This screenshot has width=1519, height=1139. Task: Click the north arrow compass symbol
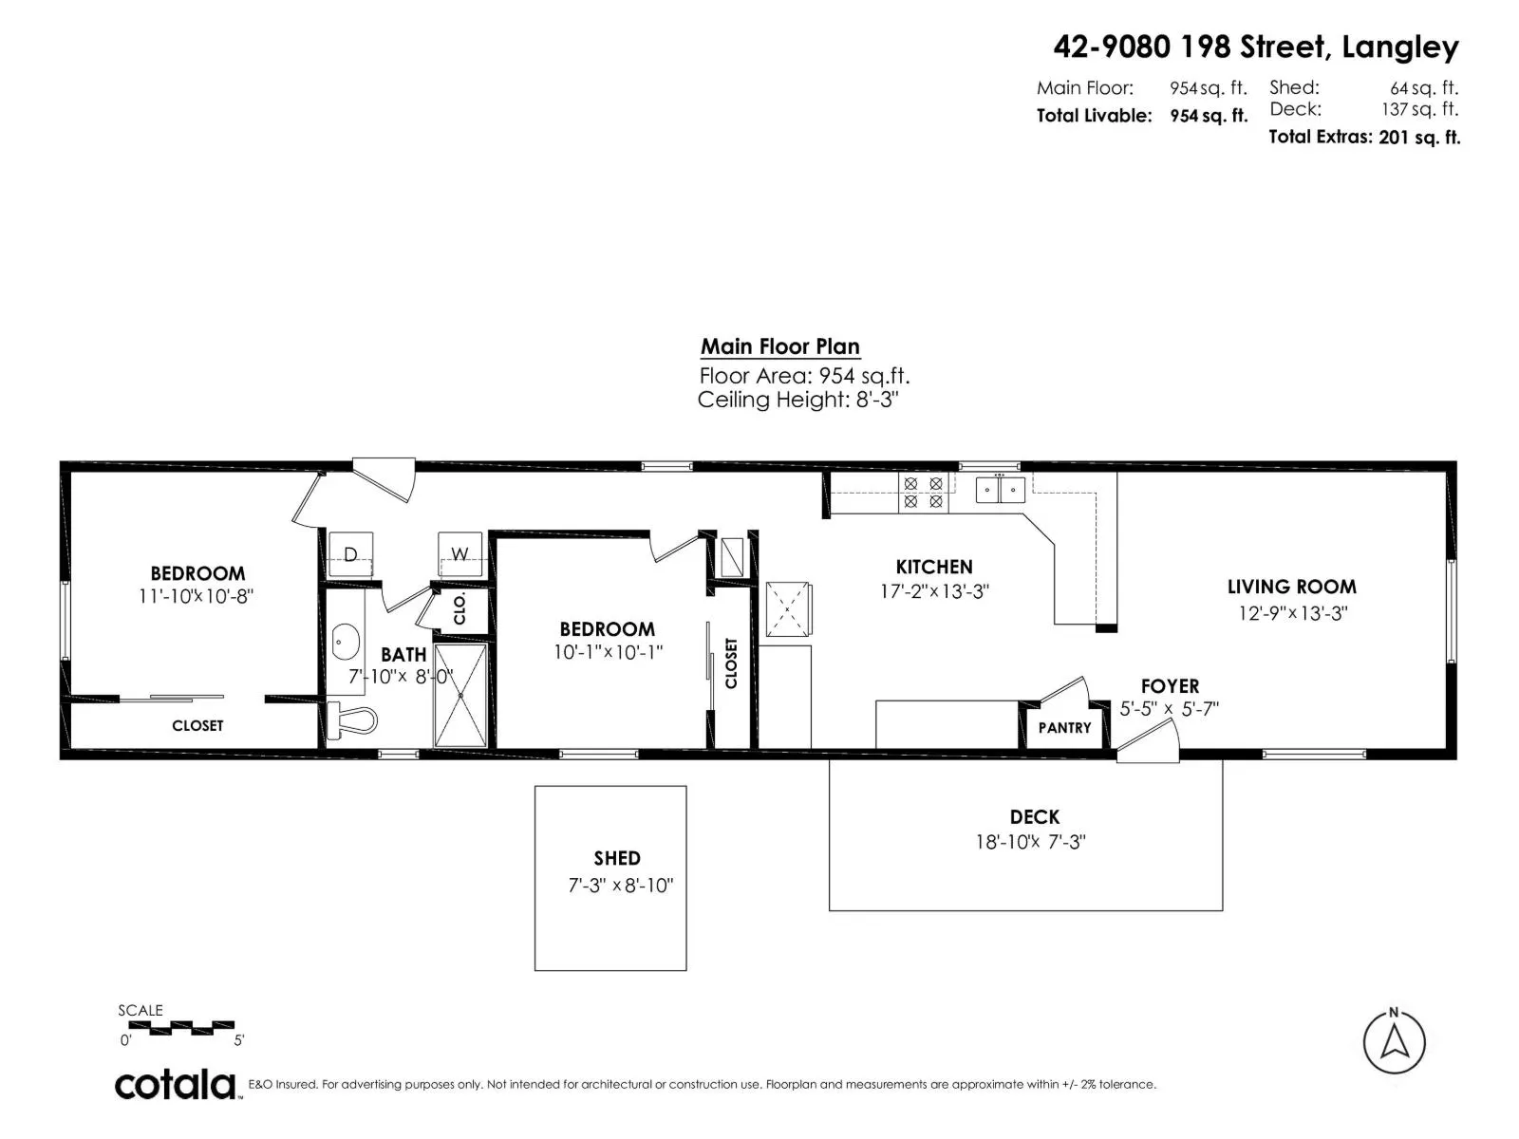1394,1041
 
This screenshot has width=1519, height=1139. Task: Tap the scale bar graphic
192,1028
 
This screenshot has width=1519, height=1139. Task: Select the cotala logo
176,1085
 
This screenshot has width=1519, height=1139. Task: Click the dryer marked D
350,554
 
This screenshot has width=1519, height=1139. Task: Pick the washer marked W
459,554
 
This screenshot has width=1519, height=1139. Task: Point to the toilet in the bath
351,719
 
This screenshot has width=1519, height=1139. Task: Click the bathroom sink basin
346,643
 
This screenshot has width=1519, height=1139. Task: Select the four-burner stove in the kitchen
923,493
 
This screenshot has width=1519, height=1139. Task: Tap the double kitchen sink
1000,490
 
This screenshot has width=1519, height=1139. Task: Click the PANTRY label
1064,727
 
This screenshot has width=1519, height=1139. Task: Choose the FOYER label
1171,686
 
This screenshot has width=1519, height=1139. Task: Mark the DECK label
1035,816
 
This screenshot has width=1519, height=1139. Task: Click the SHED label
617,858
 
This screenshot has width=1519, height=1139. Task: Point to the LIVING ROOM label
1292,587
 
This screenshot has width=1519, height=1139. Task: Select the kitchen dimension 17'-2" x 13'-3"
934,591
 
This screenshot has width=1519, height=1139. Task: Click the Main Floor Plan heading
780,346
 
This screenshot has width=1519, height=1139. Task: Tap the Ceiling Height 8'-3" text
797,399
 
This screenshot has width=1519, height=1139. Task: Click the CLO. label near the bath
459,608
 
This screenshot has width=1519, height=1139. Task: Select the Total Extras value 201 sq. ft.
1419,137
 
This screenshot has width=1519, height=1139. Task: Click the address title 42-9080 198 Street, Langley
1256,47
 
